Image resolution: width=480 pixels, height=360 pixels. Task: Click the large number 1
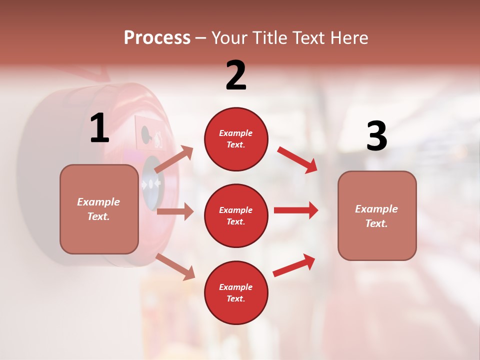99,128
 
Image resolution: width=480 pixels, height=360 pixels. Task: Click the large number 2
236,75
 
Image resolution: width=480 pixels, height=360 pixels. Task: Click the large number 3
376,137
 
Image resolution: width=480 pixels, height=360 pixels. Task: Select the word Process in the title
157,37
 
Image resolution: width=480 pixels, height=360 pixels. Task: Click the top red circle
236,139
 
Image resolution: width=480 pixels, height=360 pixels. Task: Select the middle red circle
236,215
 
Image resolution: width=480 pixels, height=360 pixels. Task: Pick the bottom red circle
236,292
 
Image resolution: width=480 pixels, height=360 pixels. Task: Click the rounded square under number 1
99,209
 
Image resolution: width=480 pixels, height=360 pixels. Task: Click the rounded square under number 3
377,215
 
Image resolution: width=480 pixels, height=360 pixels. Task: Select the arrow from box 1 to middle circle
175,211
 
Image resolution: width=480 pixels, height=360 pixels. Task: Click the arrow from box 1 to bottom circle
175,266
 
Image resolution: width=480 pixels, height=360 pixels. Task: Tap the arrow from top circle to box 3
297,159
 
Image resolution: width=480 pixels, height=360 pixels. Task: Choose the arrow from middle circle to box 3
296,210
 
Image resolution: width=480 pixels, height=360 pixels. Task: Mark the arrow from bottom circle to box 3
294,265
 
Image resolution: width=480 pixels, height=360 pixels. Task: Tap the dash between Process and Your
200,38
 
